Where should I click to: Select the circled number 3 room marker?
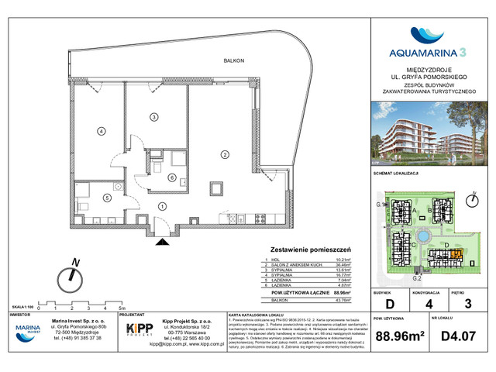coord(154,117)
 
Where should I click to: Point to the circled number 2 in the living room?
coord(224,155)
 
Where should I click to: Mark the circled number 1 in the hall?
coord(161,205)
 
